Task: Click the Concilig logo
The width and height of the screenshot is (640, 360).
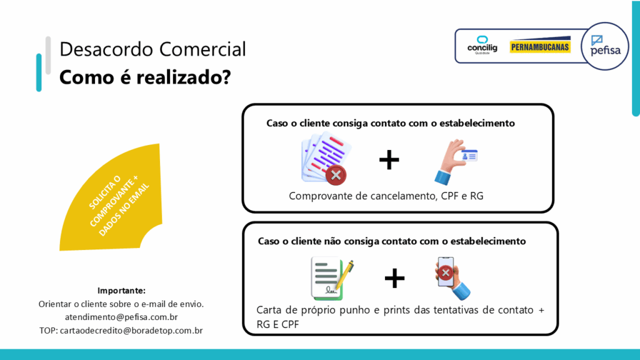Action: pyautogui.click(x=482, y=45)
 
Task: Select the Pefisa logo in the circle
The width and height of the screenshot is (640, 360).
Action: pyautogui.click(x=605, y=46)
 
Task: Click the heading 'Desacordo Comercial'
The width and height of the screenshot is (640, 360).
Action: pyautogui.click(x=152, y=49)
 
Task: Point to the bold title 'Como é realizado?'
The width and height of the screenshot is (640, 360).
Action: pyautogui.click(x=145, y=77)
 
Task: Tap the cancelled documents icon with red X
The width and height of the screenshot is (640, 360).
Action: pyautogui.click(x=325, y=159)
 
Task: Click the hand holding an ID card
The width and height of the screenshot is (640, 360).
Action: pyautogui.click(x=455, y=162)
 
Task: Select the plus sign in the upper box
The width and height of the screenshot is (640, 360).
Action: pyautogui.click(x=389, y=159)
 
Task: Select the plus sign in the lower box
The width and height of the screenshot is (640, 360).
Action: pyautogui.click(x=394, y=278)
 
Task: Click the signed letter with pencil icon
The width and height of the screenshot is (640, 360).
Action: pyautogui.click(x=332, y=278)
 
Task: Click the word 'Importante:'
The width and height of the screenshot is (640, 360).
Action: pyautogui.click(x=121, y=291)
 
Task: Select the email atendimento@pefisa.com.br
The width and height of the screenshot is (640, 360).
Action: pyautogui.click(x=121, y=317)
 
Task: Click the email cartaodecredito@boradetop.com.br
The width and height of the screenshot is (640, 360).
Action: pyautogui.click(x=131, y=331)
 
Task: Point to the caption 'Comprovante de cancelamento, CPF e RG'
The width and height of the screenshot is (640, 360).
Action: pyautogui.click(x=386, y=196)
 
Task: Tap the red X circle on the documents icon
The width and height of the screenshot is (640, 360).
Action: pyautogui.click(x=336, y=175)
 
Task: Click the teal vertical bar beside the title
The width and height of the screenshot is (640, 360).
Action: pyautogui.click(x=39, y=72)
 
